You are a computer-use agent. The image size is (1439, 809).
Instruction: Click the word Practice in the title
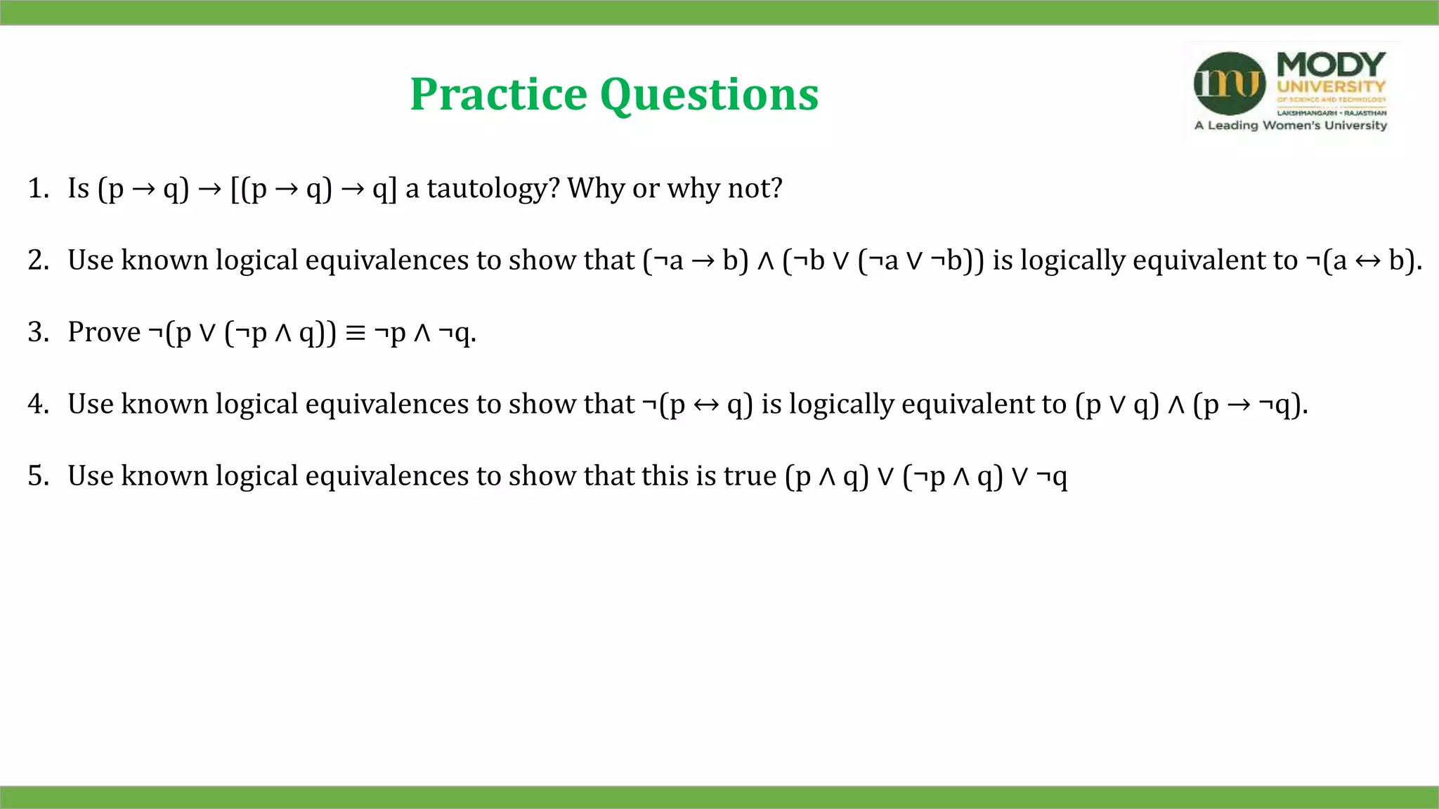[x=498, y=95]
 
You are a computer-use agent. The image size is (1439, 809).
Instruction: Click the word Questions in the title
[x=709, y=95]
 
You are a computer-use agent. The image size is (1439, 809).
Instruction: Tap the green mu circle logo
[x=1229, y=84]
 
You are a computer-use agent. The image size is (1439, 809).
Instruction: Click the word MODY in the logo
[x=1331, y=65]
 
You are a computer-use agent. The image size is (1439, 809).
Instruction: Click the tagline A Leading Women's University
[x=1291, y=126]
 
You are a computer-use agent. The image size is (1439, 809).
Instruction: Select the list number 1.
[x=37, y=188]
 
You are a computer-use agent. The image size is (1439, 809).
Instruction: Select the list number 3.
[x=37, y=332]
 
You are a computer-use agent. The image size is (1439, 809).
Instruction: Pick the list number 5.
[x=37, y=476]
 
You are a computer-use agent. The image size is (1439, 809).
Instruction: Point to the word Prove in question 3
[x=104, y=332]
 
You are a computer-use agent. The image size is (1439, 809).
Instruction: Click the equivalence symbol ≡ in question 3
[x=356, y=333]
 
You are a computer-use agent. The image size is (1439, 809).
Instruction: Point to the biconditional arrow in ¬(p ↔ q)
[x=705, y=405]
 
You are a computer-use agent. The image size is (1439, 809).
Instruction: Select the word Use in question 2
[x=90, y=261]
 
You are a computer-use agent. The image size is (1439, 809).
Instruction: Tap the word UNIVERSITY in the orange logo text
[x=1331, y=87]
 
